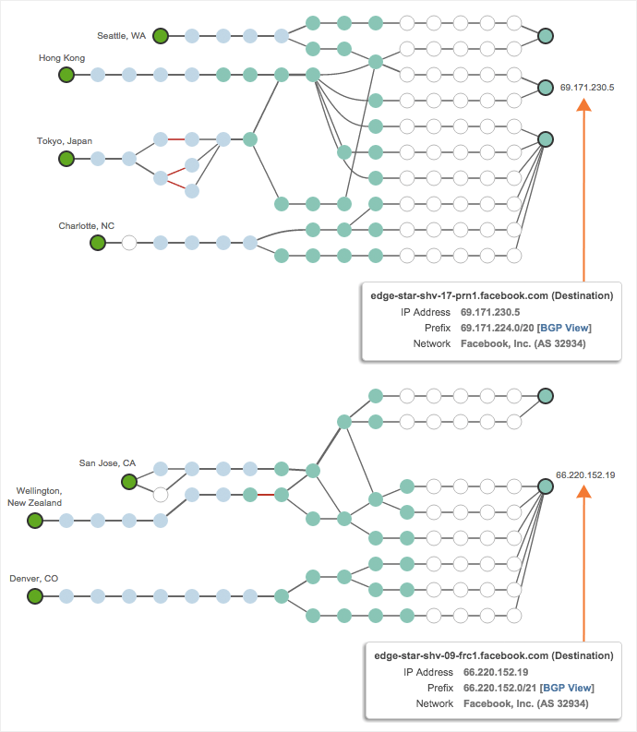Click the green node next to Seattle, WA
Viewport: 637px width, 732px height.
pyautogui.click(x=161, y=36)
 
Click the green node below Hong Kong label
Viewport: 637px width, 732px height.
pyautogui.click(x=66, y=75)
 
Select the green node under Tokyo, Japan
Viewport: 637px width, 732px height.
pyautogui.click(x=66, y=159)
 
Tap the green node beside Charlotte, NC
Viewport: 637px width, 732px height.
pyautogui.click(x=98, y=243)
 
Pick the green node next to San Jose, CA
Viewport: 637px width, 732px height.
pyautogui.click(x=129, y=481)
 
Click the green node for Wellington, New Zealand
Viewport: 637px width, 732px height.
pyautogui.click(x=35, y=521)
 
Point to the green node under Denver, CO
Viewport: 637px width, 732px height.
pyautogui.click(x=35, y=596)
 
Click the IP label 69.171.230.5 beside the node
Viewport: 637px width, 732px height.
pyautogui.click(x=587, y=88)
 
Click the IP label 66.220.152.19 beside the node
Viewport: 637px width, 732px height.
pyautogui.click(x=585, y=474)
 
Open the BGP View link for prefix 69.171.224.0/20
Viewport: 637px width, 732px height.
pyautogui.click(x=565, y=328)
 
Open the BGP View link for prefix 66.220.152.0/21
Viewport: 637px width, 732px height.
pyautogui.click(x=567, y=687)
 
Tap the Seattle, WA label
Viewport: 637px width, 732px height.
pyautogui.click(x=121, y=36)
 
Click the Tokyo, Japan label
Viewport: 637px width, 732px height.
pyautogui.click(x=65, y=141)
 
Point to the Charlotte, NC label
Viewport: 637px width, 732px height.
pyautogui.click(x=87, y=225)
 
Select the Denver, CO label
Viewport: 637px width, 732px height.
pyautogui.click(x=34, y=579)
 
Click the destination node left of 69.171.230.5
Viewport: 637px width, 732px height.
pyautogui.click(x=546, y=88)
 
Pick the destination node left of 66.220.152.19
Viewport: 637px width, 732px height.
pyautogui.click(x=546, y=485)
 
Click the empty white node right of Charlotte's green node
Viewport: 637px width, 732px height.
pyautogui.click(x=129, y=243)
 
